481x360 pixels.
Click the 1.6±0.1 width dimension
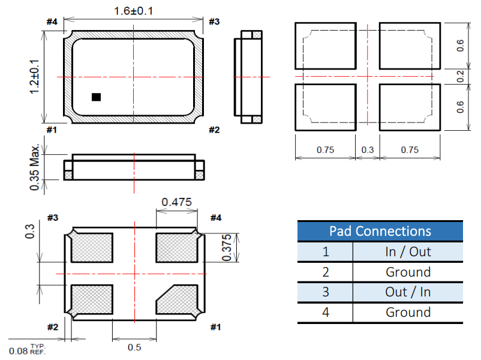coord(133,11)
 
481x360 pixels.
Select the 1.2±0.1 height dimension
coord(34,77)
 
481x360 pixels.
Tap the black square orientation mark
coord(97,97)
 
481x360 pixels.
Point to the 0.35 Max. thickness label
coord(35,167)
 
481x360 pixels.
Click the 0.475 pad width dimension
coord(177,202)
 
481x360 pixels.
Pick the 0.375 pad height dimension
coord(227,248)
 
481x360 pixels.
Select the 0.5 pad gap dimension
coord(134,347)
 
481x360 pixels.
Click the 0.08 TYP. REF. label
coord(28,350)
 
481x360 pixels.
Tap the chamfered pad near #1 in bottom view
coord(177,300)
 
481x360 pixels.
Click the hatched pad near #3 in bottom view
coord(92,248)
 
